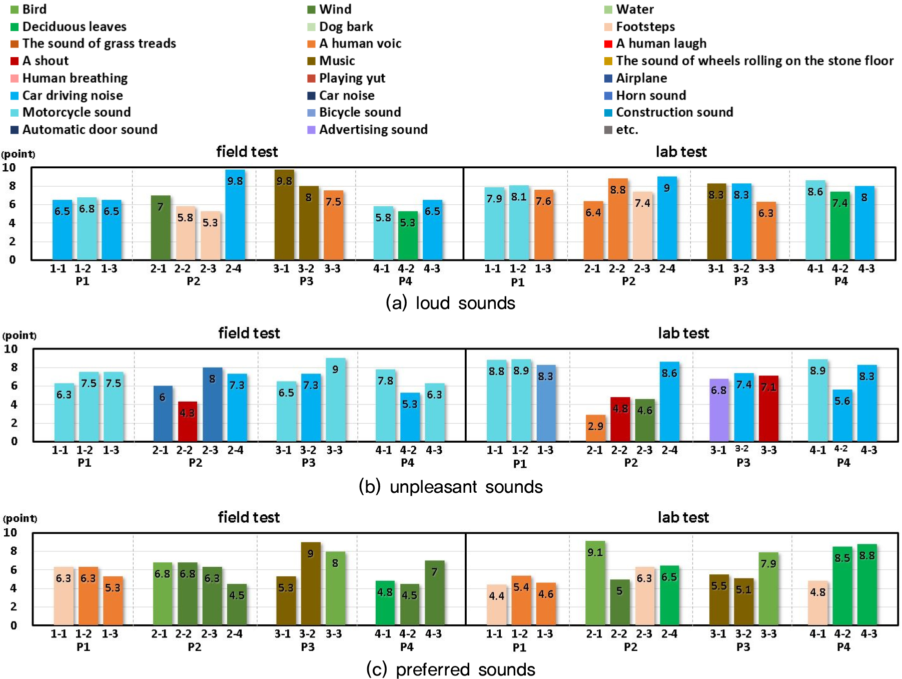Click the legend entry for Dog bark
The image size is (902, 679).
pyautogui.click(x=346, y=27)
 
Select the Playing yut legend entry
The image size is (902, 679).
pyautogui.click(x=352, y=78)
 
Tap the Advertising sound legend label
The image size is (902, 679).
pyautogui.click(x=373, y=130)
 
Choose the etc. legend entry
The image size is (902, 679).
pyautogui.click(x=627, y=130)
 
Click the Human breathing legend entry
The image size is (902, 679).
pyautogui.click(x=75, y=78)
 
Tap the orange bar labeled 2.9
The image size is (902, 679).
pyautogui.click(x=595, y=428)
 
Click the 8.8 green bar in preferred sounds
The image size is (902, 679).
pyautogui.click(x=867, y=584)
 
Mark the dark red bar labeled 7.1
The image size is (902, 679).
pyautogui.click(x=768, y=408)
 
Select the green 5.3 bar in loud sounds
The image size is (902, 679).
pyautogui.click(x=408, y=235)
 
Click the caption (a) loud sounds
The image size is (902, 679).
pyautogui.click(x=450, y=303)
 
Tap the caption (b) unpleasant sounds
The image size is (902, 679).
pyautogui.click(x=450, y=487)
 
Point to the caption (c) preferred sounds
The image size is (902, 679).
pyautogui.click(x=450, y=669)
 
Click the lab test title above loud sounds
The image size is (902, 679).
pyautogui.click(x=681, y=152)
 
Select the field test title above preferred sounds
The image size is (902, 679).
pyautogui.click(x=249, y=517)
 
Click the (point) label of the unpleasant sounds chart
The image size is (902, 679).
pyautogui.click(x=20, y=335)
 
